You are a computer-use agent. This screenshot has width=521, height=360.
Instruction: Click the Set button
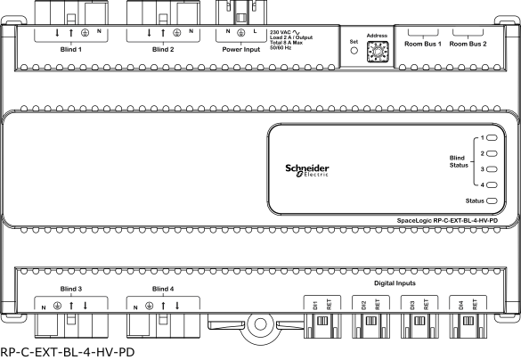354,51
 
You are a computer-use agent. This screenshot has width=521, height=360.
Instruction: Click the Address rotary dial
377,52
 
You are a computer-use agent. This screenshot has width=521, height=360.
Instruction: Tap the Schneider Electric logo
307,170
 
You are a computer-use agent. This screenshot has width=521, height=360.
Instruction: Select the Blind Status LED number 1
492,137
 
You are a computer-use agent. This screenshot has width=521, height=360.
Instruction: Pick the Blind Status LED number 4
492,184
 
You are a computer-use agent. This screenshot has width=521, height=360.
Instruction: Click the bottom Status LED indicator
492,200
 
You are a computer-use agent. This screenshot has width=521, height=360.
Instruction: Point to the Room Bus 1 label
423,44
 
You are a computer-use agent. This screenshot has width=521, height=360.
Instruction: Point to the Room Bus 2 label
468,44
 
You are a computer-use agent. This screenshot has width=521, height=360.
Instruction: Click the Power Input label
240,50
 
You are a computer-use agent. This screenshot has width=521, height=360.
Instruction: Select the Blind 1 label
70,50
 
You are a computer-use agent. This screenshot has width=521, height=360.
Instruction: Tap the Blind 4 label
163,289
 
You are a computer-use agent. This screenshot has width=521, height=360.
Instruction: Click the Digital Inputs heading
395,283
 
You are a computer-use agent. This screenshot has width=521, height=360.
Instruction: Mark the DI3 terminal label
412,305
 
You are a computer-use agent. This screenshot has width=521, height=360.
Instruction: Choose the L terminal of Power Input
255,31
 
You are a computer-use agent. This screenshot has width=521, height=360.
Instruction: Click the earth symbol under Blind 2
176,33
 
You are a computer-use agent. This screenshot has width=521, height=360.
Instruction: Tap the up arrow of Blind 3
71,306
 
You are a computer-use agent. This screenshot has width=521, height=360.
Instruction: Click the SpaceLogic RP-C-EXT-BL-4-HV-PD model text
447,220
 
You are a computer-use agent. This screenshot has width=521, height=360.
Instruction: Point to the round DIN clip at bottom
260,324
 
